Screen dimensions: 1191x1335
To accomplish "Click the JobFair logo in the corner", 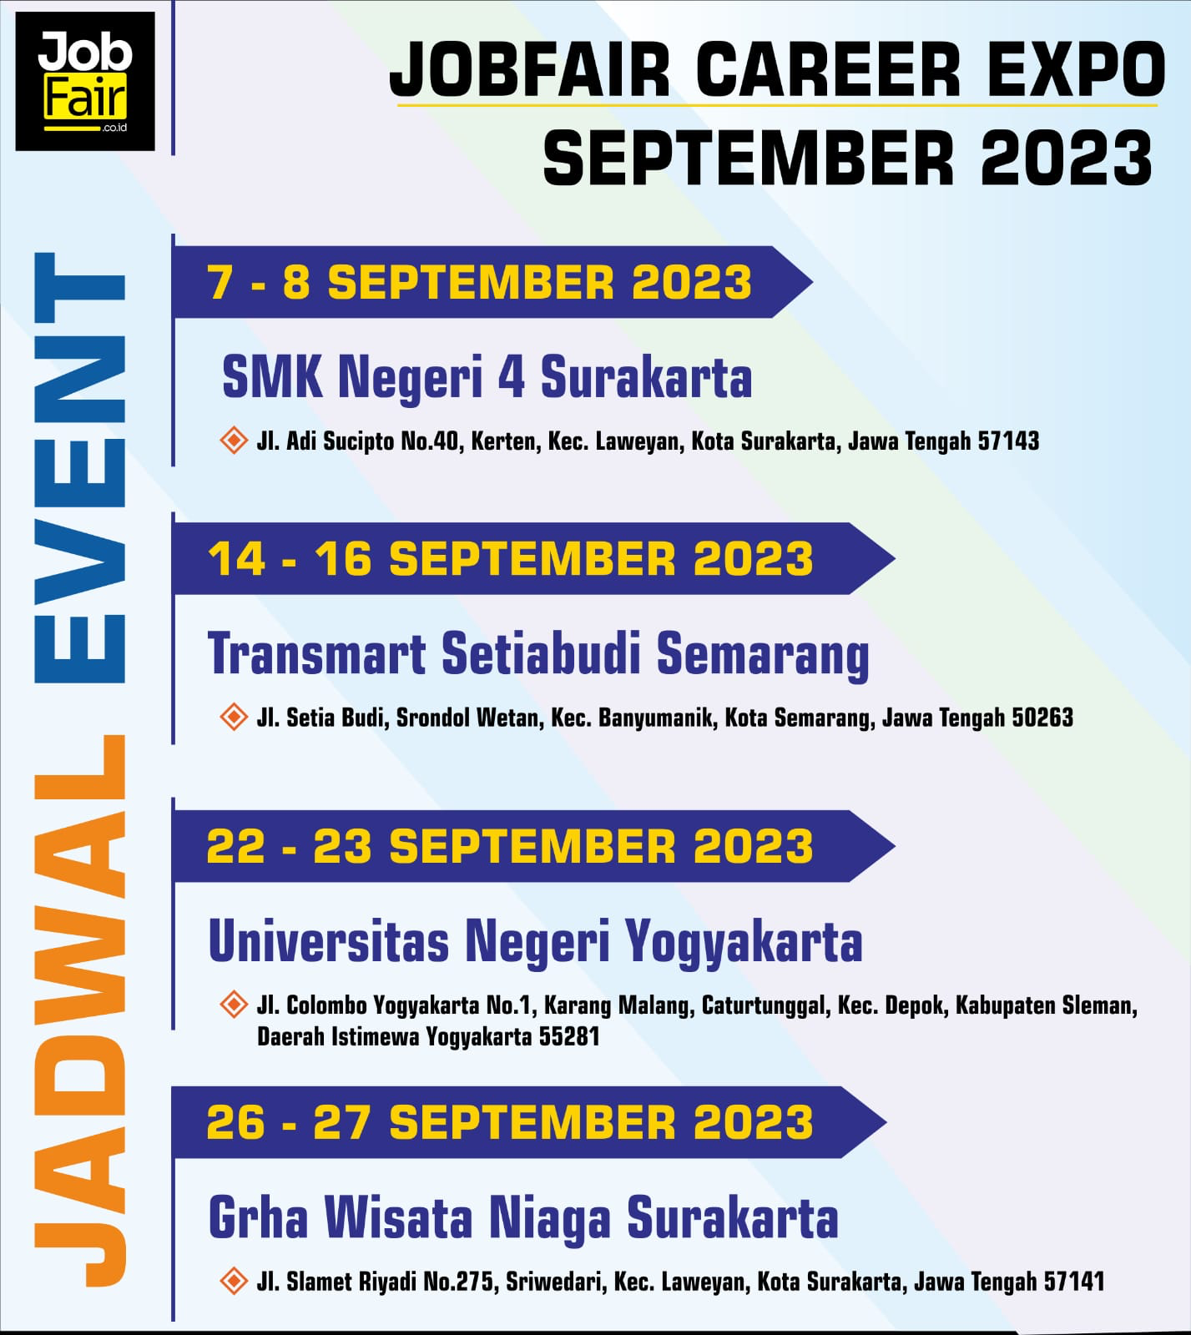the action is [x=85, y=81].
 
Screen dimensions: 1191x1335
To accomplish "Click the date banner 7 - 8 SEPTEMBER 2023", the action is [x=492, y=282].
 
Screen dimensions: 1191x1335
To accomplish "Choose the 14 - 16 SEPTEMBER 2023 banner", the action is [x=534, y=558].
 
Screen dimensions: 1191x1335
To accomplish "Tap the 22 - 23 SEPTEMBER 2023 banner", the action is [x=534, y=846].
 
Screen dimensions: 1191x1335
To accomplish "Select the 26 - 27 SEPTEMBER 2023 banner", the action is [x=530, y=1122].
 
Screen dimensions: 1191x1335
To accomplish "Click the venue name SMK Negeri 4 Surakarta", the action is [x=487, y=378].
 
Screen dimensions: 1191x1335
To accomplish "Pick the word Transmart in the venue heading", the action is [x=317, y=653].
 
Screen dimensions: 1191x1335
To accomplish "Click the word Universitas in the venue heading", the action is [x=329, y=941].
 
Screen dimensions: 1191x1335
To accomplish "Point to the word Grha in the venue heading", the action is [x=259, y=1218].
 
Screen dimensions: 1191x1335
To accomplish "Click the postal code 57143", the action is [x=1008, y=441].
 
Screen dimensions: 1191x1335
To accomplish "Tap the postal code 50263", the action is [x=1042, y=718].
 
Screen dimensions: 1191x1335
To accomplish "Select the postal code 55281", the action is [x=569, y=1037].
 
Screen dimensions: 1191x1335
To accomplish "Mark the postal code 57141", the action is [x=1073, y=1282].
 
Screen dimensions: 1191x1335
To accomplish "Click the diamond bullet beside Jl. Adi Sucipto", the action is [x=234, y=440].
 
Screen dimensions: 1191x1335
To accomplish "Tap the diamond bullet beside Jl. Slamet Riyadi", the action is [x=234, y=1281].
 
